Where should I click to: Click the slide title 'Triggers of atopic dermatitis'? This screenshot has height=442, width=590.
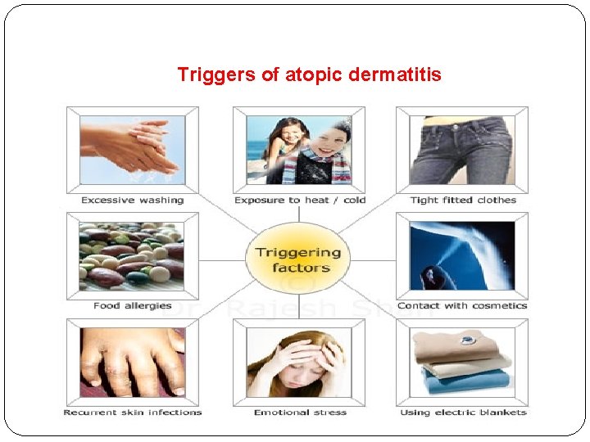tap(309, 75)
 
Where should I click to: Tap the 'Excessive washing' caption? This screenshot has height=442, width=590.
tap(132, 200)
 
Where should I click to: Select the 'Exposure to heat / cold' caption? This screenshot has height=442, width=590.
tap(299, 200)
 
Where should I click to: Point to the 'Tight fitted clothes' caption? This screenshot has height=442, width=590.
tap(463, 200)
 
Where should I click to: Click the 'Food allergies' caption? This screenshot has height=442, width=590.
tap(132, 305)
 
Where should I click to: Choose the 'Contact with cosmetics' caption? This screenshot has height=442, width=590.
tap(462, 305)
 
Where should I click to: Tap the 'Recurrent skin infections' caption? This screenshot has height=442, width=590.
tap(132, 412)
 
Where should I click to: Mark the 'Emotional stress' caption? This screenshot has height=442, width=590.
tap(299, 412)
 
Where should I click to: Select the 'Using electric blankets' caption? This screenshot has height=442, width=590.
tap(463, 412)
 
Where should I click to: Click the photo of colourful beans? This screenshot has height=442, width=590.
tap(132, 255)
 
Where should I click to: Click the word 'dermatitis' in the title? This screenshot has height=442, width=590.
tap(394, 75)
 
